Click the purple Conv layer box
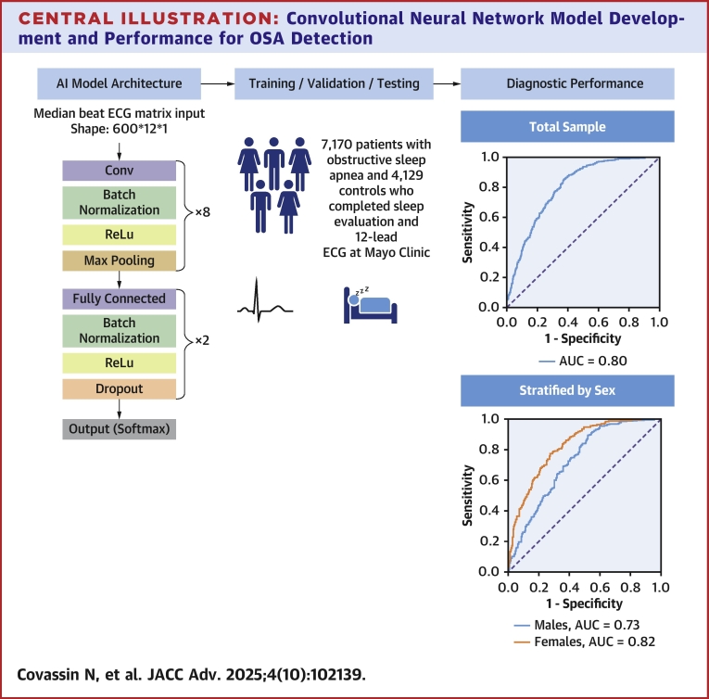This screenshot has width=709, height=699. (119, 171)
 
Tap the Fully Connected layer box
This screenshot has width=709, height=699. (119, 299)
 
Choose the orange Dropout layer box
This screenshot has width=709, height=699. (119, 388)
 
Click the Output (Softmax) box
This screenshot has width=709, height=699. (119, 429)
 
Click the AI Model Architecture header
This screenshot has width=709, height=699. (119, 83)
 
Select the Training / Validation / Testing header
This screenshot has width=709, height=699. (333, 83)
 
